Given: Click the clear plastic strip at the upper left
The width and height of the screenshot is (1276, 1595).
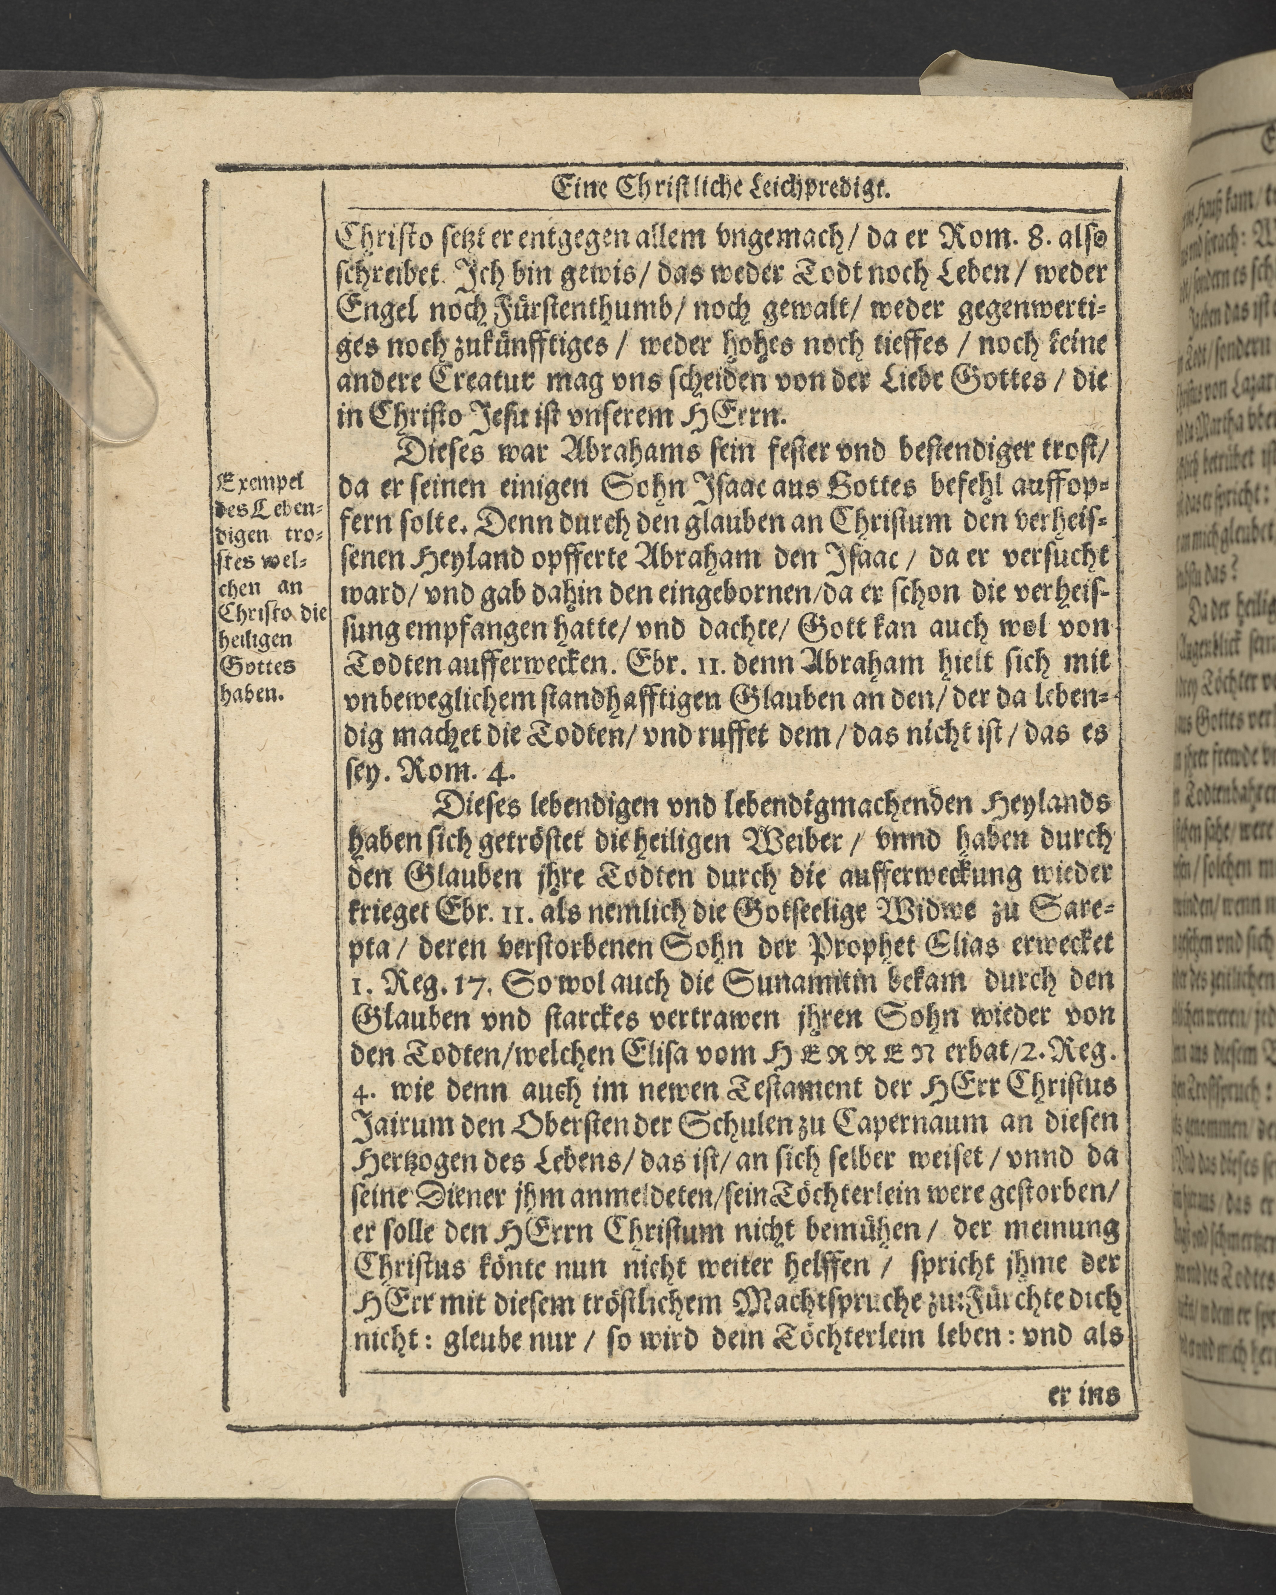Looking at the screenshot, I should pyautogui.click(x=81, y=296).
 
